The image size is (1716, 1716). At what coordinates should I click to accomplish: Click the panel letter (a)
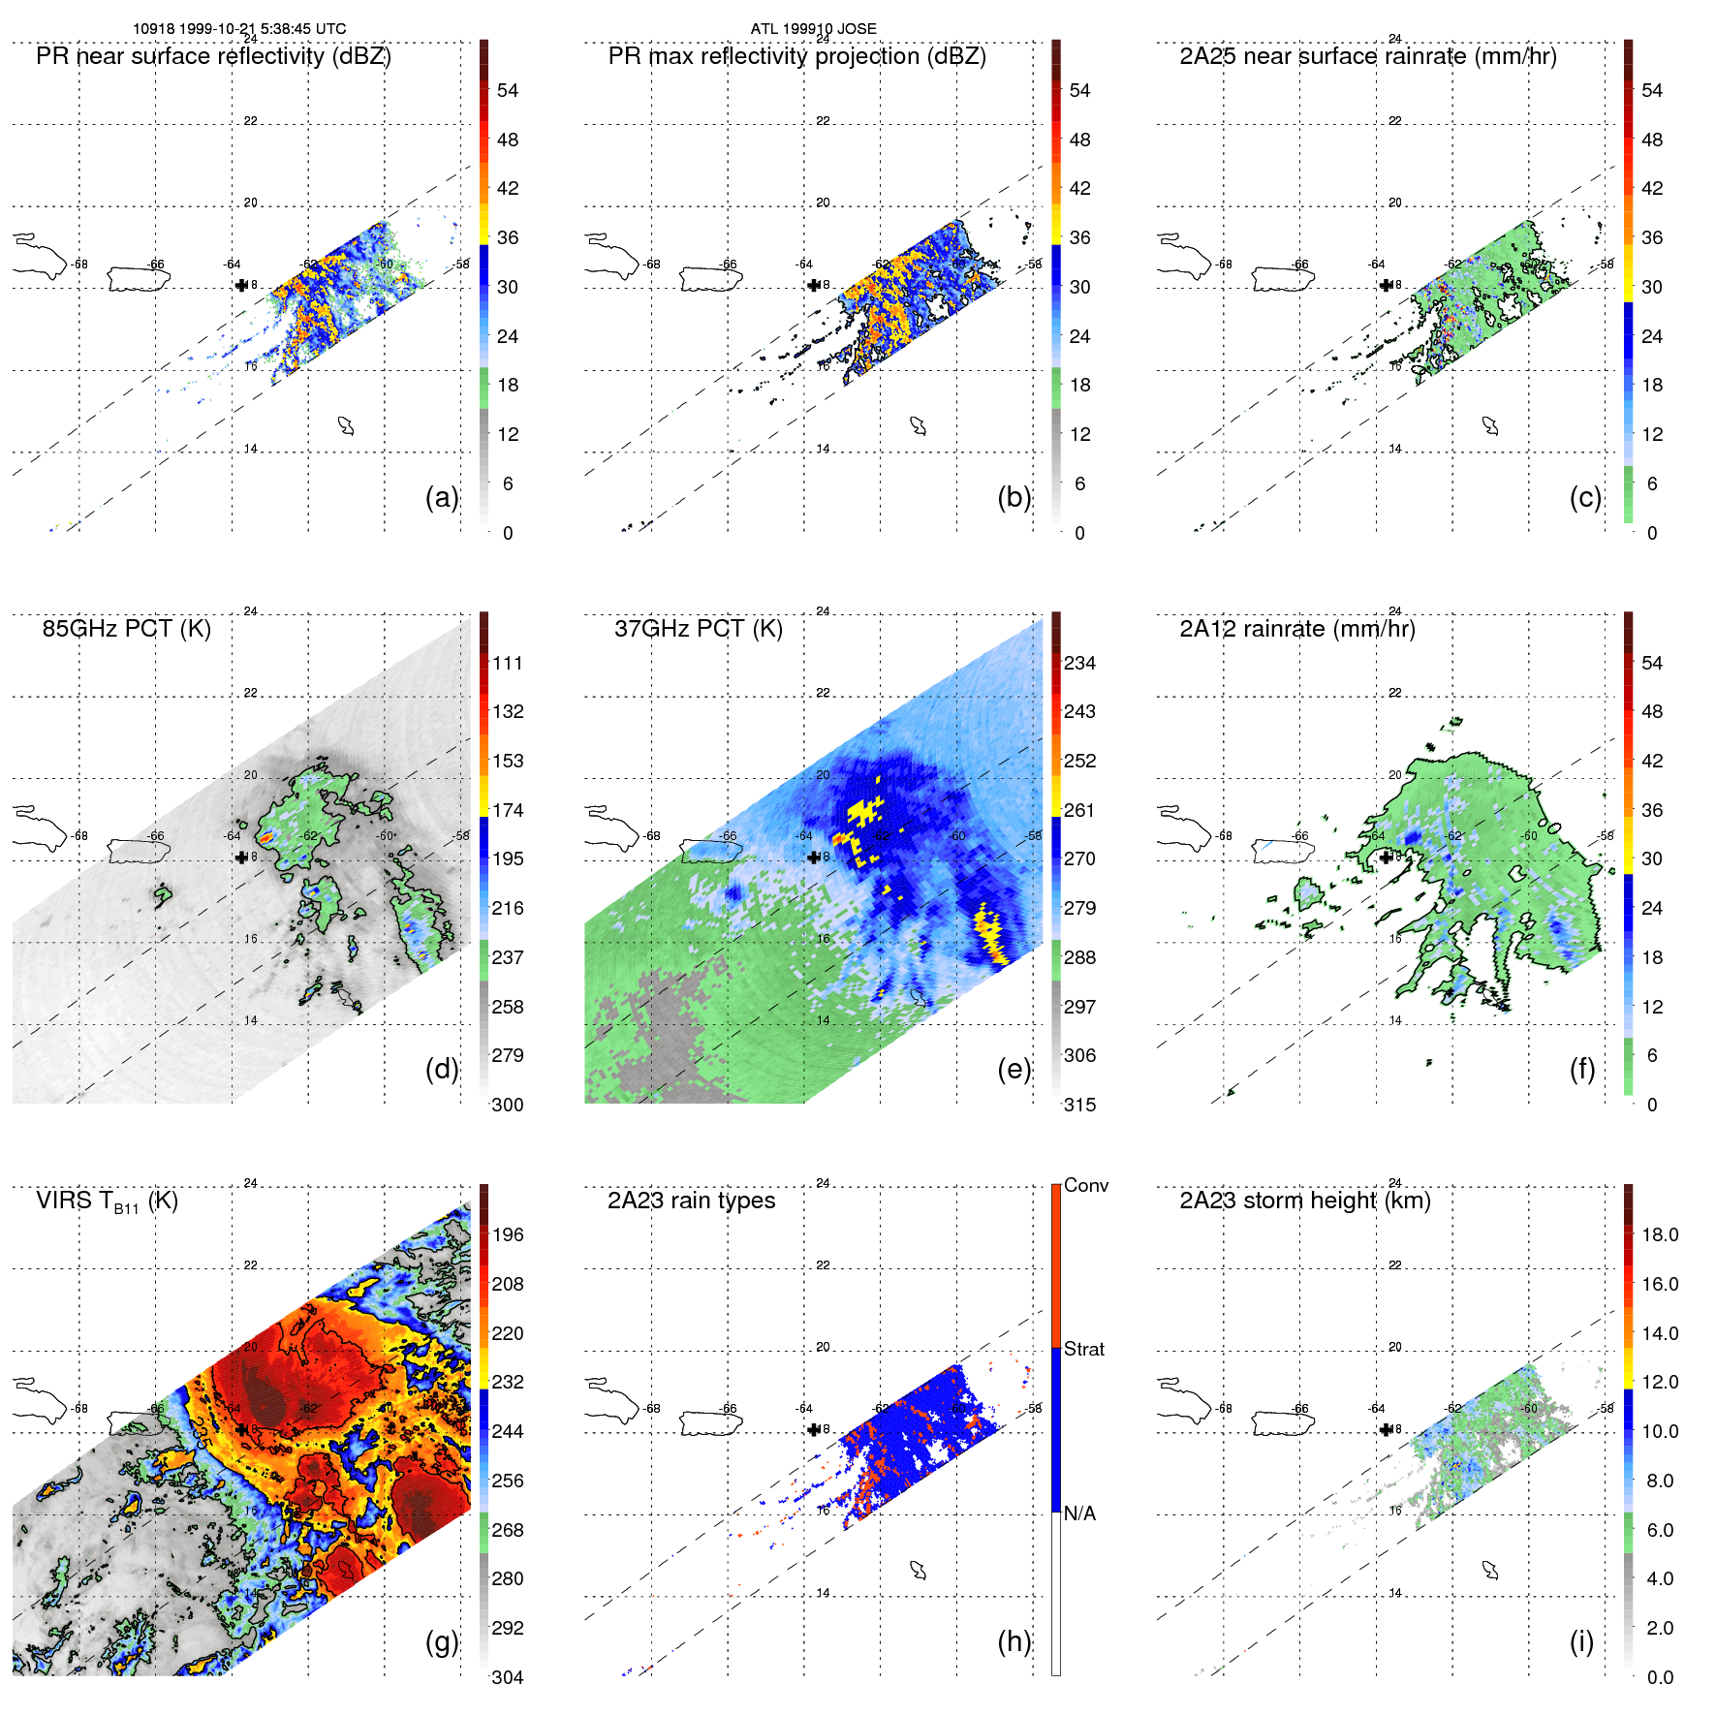point(442,498)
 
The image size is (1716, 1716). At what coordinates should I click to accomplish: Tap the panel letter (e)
point(1014,1070)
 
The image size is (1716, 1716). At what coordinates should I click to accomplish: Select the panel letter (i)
point(1581,1641)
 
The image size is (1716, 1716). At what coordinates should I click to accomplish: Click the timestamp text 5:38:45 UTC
point(303,29)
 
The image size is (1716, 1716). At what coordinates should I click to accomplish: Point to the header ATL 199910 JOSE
point(813,29)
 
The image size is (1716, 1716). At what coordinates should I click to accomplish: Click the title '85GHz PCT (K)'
point(126,629)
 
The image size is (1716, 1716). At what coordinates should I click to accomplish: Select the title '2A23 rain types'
point(691,1201)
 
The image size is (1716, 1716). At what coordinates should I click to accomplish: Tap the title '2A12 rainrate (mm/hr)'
point(1297,629)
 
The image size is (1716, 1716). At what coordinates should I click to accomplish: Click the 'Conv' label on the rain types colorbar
point(1086,1185)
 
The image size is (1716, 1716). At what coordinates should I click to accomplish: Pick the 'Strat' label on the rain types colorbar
point(1084,1349)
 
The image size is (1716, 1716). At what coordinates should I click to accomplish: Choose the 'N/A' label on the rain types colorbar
point(1079,1513)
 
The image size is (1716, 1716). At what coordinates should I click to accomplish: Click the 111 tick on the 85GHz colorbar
point(508,663)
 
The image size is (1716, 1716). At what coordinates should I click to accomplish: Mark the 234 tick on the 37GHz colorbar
point(1079,663)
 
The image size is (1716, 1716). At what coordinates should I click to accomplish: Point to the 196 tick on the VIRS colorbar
point(508,1234)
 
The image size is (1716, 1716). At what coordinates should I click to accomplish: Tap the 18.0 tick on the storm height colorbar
point(1660,1234)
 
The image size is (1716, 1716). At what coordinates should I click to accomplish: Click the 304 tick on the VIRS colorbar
point(508,1677)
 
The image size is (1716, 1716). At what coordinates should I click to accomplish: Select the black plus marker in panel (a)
point(241,285)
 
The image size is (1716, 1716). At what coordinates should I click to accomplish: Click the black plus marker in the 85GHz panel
point(241,857)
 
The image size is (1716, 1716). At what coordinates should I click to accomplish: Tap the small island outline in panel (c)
point(1491,425)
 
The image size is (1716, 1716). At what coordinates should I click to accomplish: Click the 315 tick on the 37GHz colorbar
point(1079,1105)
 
